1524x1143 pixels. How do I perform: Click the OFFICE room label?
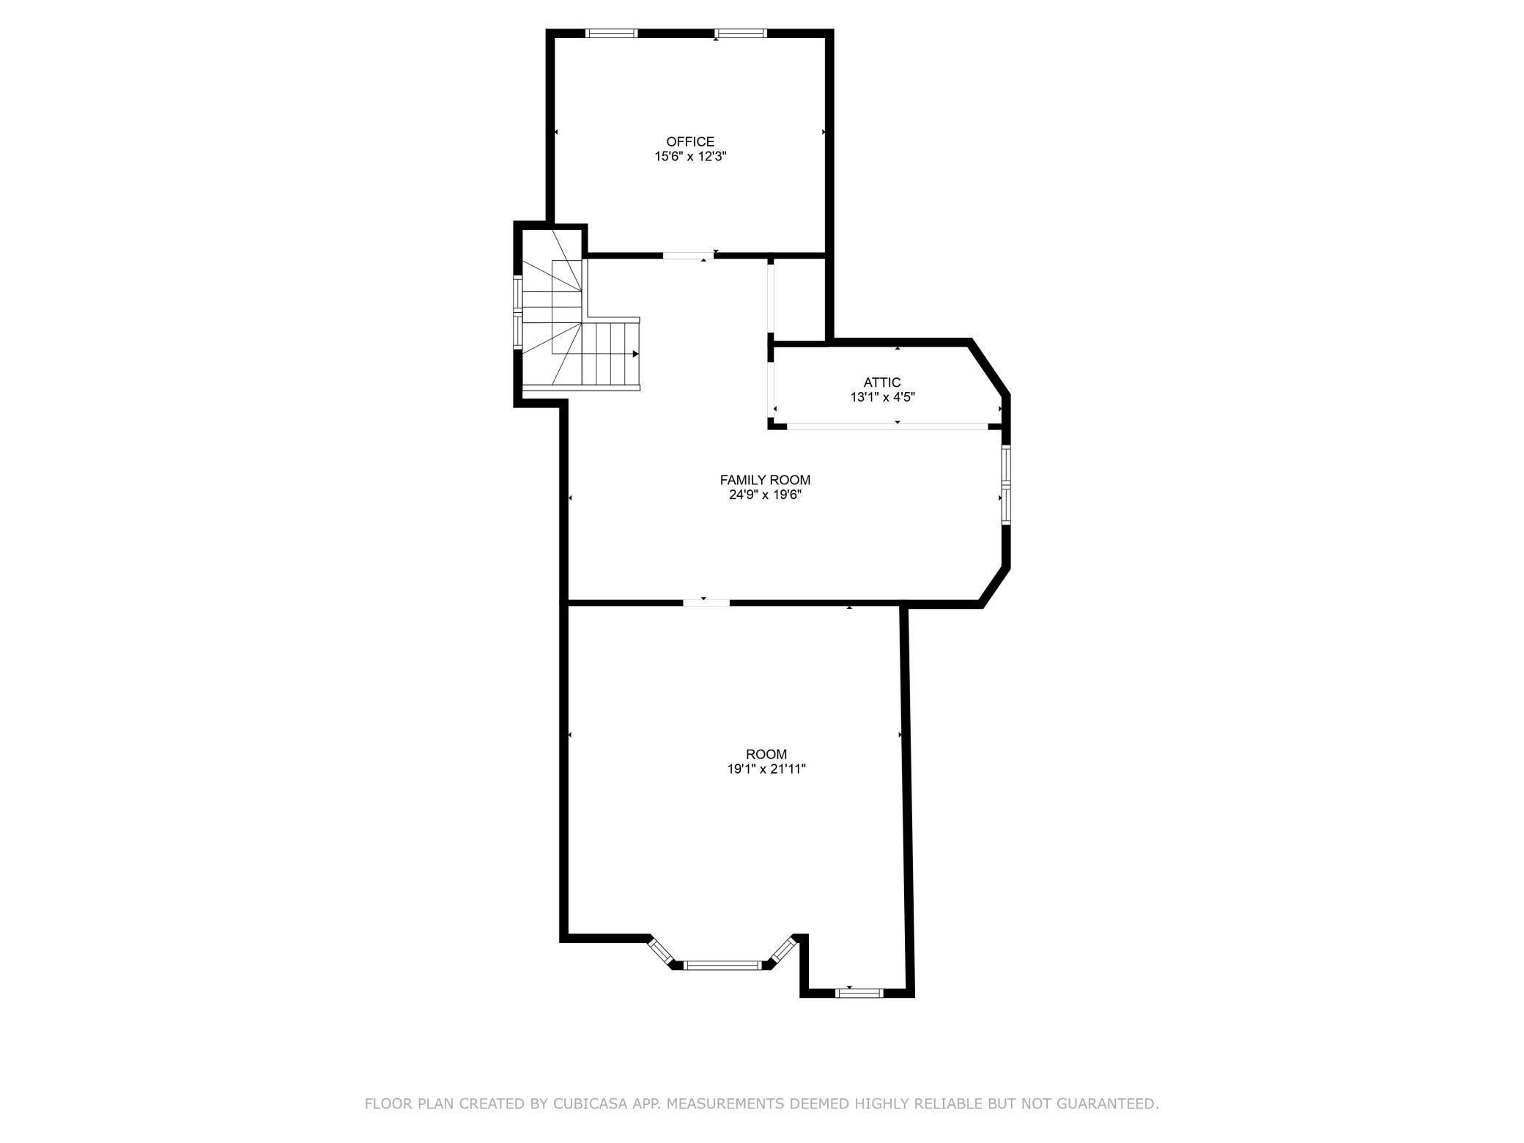click(689, 141)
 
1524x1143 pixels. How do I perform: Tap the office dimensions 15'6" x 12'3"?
click(689, 157)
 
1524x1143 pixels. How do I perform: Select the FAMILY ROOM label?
click(765, 480)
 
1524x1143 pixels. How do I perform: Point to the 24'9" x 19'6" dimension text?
click(765, 495)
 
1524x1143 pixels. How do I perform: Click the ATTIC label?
click(881, 382)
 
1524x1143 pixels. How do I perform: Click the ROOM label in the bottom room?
click(766, 754)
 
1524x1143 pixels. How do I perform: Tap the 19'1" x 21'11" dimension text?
click(766, 769)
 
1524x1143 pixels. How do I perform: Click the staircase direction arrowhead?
click(635, 354)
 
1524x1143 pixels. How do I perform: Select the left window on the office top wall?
click(612, 33)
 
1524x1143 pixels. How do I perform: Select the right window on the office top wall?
click(741, 33)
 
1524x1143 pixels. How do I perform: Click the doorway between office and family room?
click(688, 256)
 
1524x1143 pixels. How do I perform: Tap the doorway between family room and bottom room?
click(706, 603)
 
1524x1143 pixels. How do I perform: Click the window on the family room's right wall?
click(1006, 484)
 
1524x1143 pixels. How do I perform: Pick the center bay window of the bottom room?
click(723, 966)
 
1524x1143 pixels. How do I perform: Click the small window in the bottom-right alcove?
click(860, 994)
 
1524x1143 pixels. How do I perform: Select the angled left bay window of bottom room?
click(661, 950)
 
